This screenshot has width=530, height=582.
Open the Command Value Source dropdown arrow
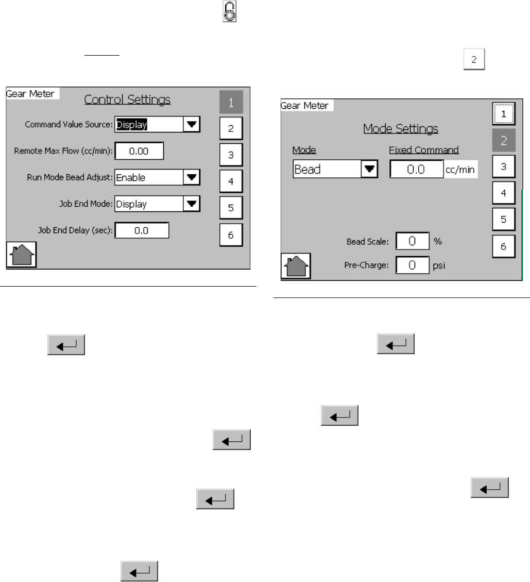pos(192,124)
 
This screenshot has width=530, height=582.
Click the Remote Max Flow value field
pos(139,151)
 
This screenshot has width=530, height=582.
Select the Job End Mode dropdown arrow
pos(192,204)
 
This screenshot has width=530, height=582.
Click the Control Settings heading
pos(127,99)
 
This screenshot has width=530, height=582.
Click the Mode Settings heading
pos(401,128)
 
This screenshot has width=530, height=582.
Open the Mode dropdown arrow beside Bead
pos(369,169)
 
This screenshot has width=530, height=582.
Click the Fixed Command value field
pos(416,169)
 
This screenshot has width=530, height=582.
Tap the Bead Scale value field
pos(412,241)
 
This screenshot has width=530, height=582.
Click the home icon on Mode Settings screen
pos(296,267)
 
